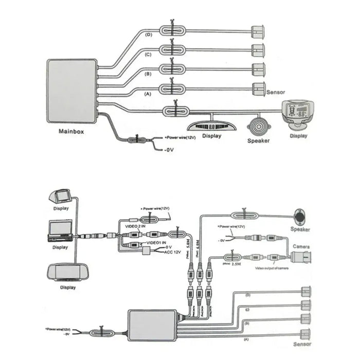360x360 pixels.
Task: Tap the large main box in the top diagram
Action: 71,91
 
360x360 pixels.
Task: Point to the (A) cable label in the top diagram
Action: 149,94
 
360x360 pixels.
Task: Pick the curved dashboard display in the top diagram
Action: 211,125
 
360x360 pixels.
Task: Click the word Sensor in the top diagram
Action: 276,93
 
